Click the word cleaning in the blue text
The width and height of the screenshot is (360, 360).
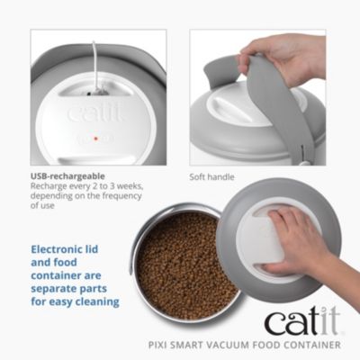pos(94,301)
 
